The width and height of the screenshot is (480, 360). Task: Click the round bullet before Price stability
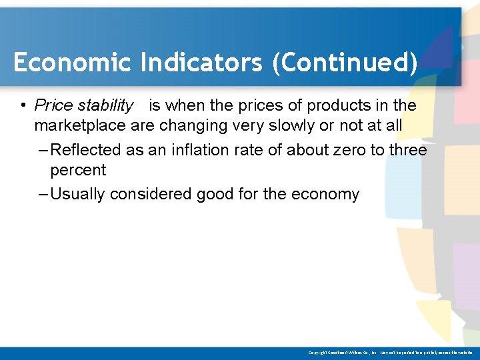[23, 106]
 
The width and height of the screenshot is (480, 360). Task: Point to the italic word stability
[106, 105]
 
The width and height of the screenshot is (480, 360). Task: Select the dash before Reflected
[43, 150]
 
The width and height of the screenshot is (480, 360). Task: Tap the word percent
[78, 170]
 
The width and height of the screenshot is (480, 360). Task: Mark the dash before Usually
[43, 194]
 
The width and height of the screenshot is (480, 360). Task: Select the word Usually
[78, 194]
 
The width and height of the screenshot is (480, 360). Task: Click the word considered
[151, 194]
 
